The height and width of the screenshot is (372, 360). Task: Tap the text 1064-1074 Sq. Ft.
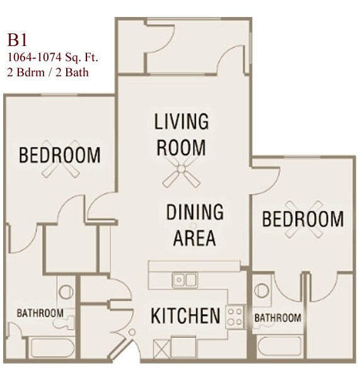52,58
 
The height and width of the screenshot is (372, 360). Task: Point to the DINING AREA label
195,225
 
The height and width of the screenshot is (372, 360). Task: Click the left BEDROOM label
60,154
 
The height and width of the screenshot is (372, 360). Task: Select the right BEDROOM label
303,219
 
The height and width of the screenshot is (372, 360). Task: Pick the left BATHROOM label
39,313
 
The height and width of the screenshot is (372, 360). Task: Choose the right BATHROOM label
277,317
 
